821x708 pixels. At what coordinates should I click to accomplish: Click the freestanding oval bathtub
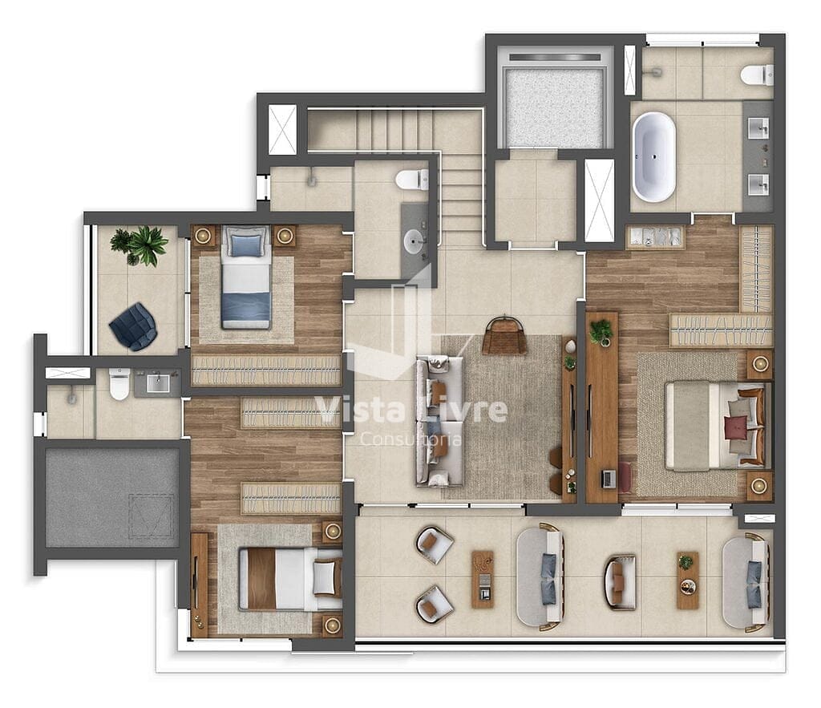coord(653,157)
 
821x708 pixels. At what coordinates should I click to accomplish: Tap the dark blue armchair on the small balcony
coord(132,326)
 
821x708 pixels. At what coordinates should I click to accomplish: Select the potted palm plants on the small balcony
coord(140,246)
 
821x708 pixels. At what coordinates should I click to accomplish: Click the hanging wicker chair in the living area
coord(504,335)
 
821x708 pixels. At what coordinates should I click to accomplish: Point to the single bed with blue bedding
coord(246,277)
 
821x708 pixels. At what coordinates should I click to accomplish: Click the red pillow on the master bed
coord(737,427)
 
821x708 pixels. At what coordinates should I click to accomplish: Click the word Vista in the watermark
coord(359,410)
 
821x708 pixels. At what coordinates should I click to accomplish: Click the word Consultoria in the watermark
coord(410,439)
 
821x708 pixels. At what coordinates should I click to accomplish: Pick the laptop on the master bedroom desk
coord(608,479)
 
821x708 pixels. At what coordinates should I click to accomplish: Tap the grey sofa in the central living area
coord(440,420)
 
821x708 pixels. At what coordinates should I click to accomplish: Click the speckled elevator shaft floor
coord(556,107)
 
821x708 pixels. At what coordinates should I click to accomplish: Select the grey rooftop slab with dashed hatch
coord(112,497)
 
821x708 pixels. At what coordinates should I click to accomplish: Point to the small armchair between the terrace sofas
coord(620,582)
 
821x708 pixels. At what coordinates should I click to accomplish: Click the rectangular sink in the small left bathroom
coord(158,383)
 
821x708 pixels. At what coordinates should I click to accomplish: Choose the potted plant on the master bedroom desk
coord(601,333)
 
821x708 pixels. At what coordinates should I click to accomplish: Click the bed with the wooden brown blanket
coord(290,579)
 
